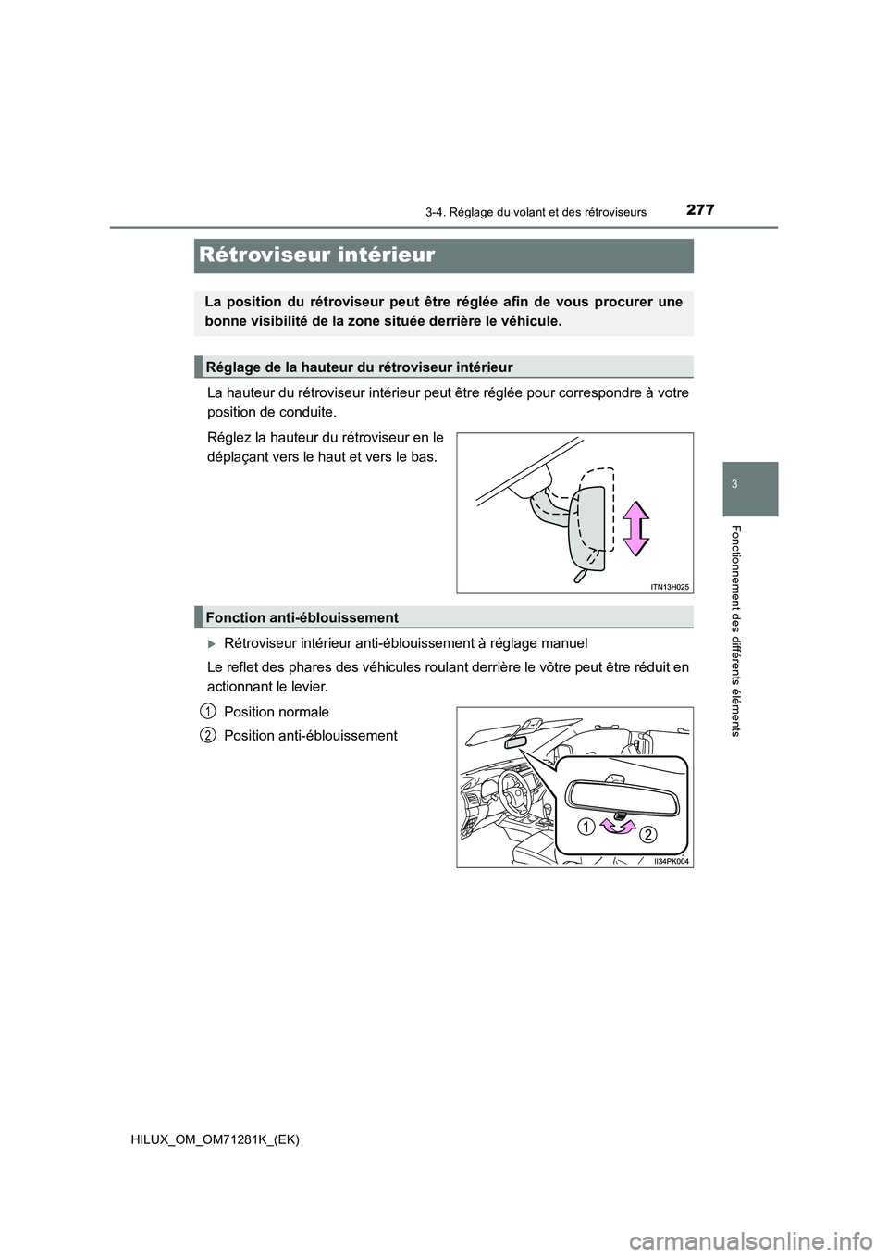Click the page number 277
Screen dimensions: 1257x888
tap(700, 210)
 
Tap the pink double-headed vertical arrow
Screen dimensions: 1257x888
tap(635, 528)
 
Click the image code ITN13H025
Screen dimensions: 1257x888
tap(670, 587)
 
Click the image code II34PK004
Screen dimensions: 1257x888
tap(672, 861)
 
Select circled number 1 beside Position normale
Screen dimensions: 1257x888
tap(209, 711)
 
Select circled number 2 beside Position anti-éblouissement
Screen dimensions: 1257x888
tap(209, 735)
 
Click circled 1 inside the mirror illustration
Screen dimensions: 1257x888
tap(586, 827)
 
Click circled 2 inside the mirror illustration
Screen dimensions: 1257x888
tap(647, 835)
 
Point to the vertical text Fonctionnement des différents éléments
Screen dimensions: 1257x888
tap(736, 629)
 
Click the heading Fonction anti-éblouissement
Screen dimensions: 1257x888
tap(302, 617)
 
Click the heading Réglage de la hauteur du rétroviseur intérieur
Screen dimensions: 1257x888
tap(359, 367)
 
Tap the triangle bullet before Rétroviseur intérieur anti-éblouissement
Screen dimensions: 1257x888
tap(212, 643)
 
